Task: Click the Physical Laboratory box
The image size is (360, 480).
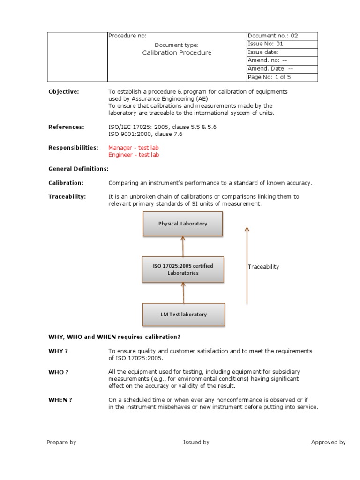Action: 183,224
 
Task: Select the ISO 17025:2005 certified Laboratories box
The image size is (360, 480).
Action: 183,270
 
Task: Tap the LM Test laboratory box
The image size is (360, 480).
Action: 183,315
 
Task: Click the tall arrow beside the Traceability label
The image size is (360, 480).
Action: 247,265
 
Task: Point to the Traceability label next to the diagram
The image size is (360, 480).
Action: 263,267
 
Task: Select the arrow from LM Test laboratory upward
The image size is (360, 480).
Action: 183,292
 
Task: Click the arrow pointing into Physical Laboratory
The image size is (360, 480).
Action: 183,246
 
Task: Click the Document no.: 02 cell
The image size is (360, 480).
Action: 282,36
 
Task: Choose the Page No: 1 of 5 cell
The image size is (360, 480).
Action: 282,77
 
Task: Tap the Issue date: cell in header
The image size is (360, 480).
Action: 282,52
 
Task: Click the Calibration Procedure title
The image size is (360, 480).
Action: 177,53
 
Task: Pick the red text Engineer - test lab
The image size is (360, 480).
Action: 134,155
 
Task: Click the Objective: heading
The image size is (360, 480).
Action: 64,92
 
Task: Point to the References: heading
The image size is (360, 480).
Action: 66,127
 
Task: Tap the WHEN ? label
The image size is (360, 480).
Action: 60,400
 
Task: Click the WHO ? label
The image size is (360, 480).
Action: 59,372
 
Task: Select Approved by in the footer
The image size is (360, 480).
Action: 328,442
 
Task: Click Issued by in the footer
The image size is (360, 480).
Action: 196,442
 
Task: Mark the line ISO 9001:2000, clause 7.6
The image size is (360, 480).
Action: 145,134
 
